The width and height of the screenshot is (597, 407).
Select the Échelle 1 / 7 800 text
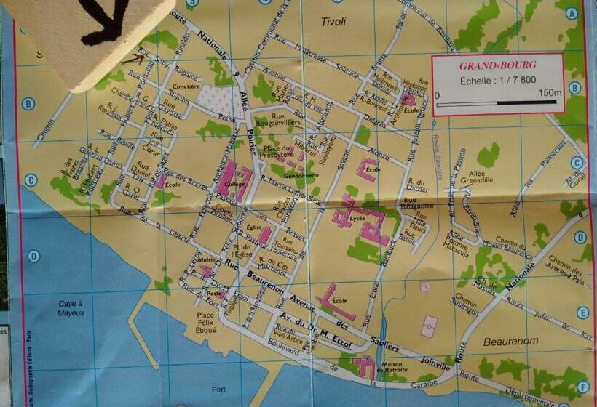click(499, 81)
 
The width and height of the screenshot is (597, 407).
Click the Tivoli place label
click(336, 22)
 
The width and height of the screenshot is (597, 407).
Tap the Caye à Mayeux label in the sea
click(71, 307)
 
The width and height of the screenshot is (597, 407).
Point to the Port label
click(218, 390)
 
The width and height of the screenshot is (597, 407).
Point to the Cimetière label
click(187, 86)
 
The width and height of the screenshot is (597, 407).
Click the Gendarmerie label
click(301, 175)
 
